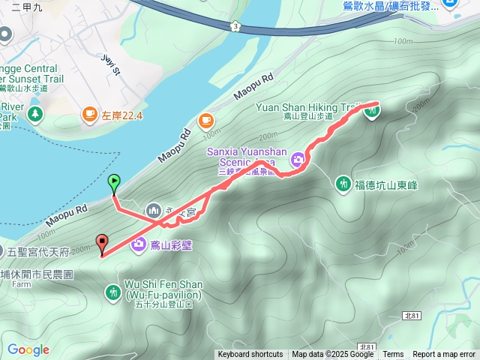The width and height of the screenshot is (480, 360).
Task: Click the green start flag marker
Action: (x=114, y=181)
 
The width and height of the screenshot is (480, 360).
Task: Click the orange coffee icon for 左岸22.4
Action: (x=90, y=114)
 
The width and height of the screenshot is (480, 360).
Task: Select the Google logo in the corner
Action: (x=28, y=349)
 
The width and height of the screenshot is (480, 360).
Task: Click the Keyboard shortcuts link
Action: (x=250, y=355)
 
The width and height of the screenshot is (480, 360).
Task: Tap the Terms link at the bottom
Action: (x=393, y=355)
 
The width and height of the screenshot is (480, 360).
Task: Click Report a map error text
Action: (x=444, y=355)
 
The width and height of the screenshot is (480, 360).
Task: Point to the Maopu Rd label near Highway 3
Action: (x=256, y=88)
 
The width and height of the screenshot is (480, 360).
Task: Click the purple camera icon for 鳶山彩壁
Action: (x=139, y=244)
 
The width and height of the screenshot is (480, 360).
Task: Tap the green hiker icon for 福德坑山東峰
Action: (x=343, y=182)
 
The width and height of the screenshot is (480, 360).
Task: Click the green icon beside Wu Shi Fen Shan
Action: (x=113, y=290)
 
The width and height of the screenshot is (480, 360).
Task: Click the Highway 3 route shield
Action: (x=237, y=26)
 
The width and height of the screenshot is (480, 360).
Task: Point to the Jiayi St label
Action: (x=110, y=64)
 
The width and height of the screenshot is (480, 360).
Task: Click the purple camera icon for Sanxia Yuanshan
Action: (x=298, y=158)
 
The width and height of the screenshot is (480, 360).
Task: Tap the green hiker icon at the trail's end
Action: (x=372, y=112)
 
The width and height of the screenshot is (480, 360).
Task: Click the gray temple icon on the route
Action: (x=154, y=210)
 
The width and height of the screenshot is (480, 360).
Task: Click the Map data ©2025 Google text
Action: (x=332, y=355)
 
